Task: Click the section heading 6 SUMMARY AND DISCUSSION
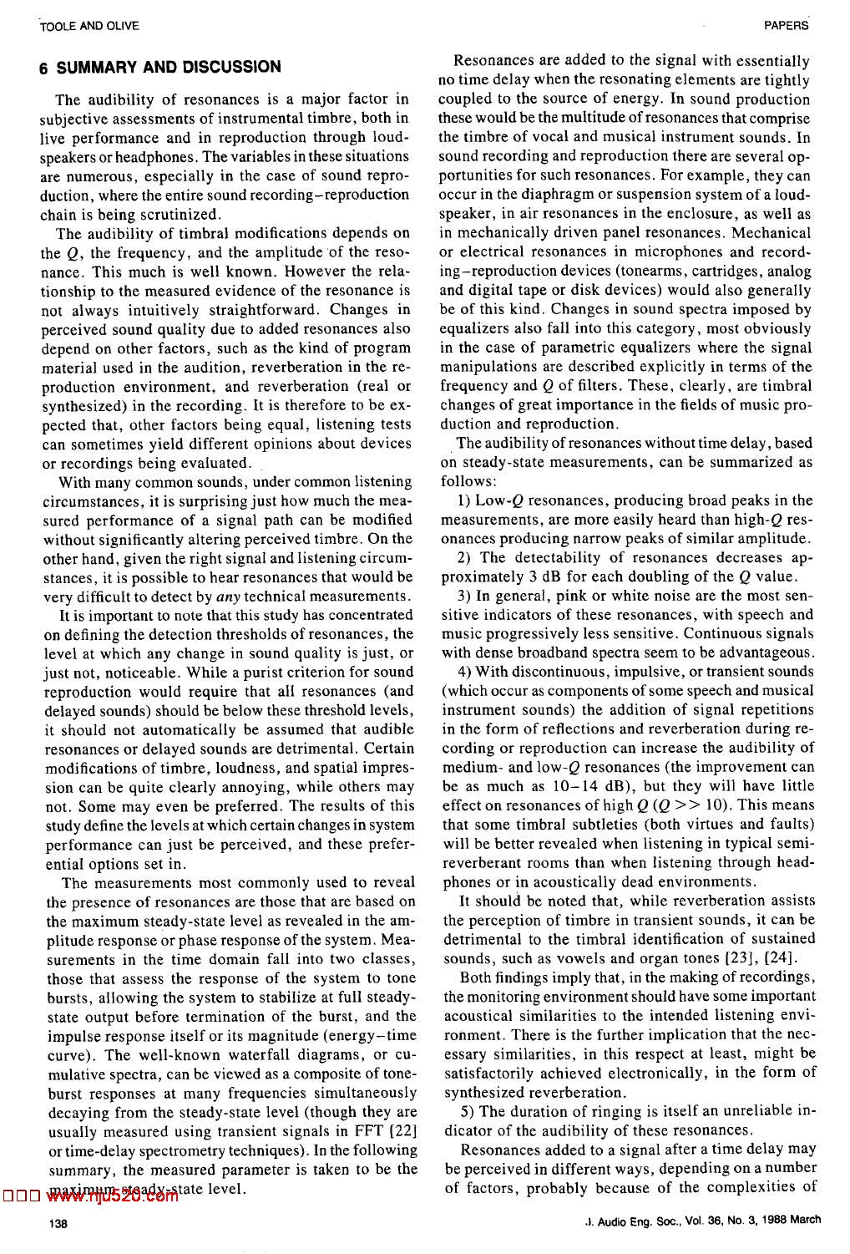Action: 159,67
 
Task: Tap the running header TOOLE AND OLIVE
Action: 77,26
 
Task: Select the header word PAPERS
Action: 787,26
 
